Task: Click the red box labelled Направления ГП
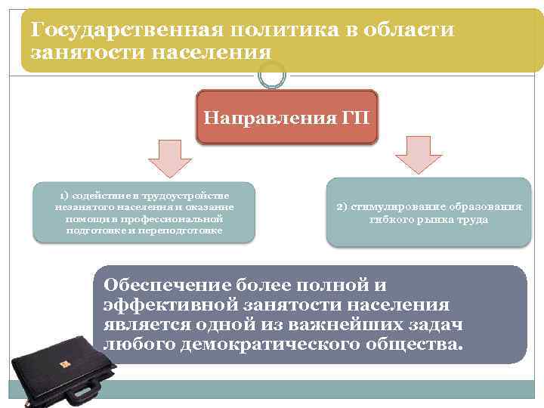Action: [286, 119]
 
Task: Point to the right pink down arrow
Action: [418, 154]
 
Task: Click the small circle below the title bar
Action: [272, 74]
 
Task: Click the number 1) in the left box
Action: [67, 196]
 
